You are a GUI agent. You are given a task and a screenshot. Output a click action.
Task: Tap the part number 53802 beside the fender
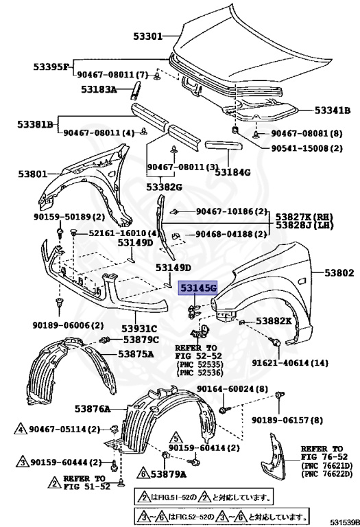coord(339,273)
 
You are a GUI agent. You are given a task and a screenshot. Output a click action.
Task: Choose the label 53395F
coord(51,67)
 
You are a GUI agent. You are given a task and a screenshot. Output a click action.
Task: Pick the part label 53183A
coord(99,90)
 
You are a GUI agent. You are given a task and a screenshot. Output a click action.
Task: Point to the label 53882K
coord(274,320)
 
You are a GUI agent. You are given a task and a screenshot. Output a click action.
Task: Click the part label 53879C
coord(141,339)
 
